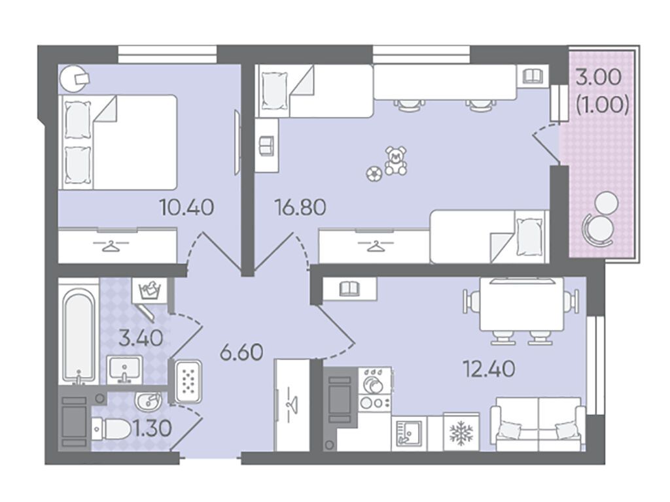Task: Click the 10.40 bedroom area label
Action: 186,208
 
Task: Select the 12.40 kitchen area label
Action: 489,369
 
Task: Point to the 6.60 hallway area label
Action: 241,352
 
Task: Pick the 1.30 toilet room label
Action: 152,428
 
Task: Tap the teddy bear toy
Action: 396,161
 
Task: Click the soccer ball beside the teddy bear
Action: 374,174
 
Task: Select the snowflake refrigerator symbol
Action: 461,433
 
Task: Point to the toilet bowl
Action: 112,429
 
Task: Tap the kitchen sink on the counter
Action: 408,433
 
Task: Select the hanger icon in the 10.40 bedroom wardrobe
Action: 110,246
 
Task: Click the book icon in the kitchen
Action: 350,289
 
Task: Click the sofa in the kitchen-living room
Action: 538,424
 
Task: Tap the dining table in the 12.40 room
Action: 521,305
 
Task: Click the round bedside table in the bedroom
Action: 73,78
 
